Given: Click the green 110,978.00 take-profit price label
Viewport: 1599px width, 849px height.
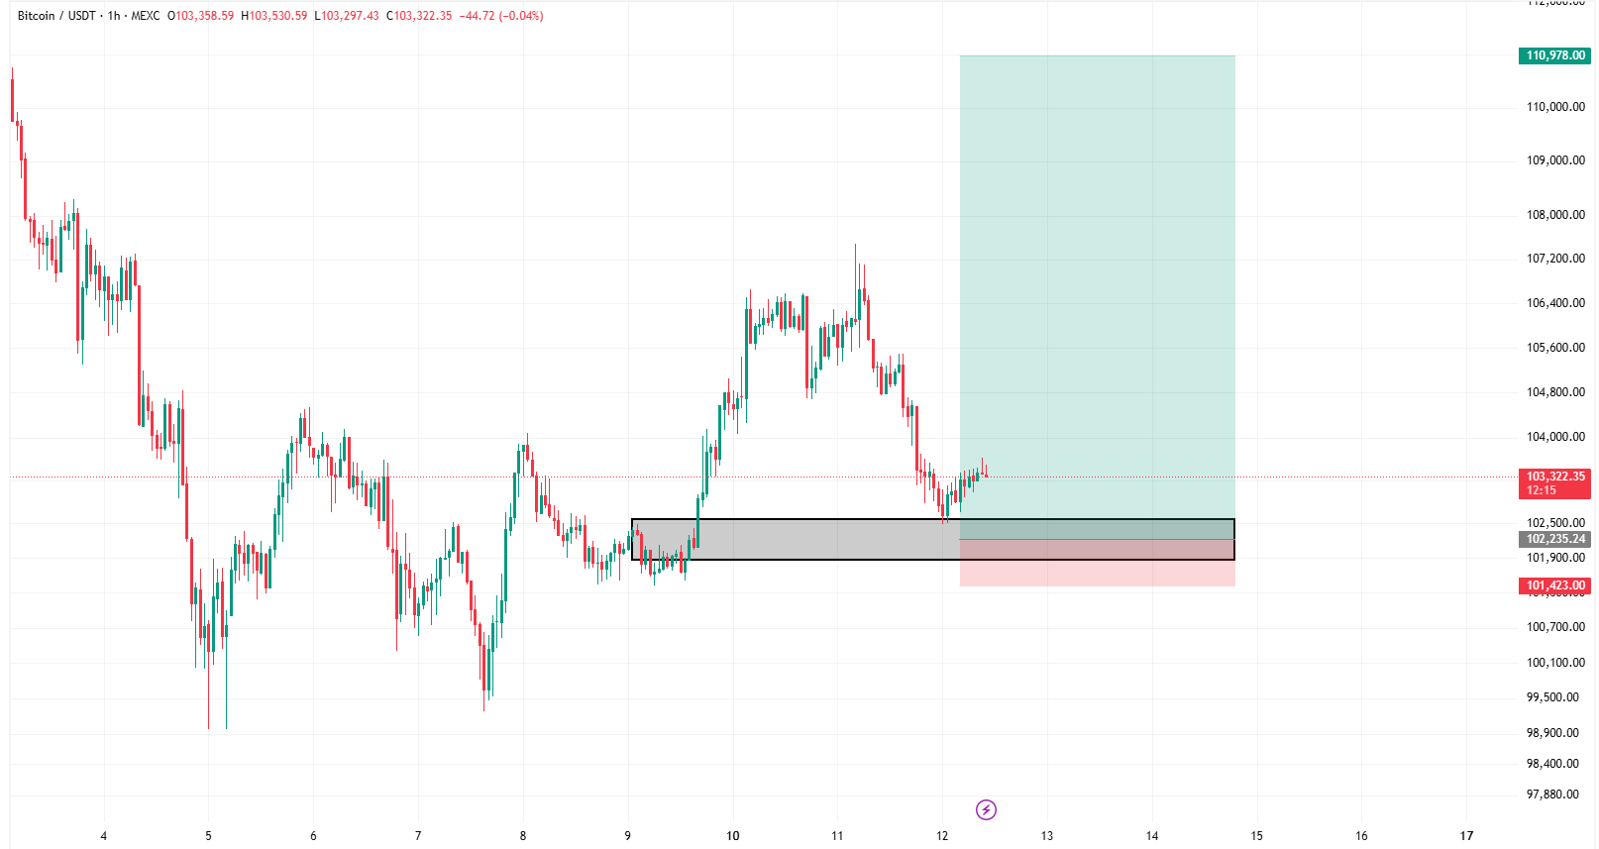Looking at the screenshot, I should coord(1554,55).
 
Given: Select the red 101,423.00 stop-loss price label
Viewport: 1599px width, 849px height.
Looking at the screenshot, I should coord(1554,585).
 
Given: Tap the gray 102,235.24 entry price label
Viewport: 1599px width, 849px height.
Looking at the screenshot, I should coord(1554,539).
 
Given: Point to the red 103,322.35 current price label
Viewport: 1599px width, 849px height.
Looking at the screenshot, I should coord(1554,478).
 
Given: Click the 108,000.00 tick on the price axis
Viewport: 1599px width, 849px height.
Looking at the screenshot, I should coord(1554,215).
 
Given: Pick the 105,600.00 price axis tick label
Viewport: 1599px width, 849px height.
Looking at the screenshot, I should coord(1554,348).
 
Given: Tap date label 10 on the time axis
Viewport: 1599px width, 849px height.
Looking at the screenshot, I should coord(733,836).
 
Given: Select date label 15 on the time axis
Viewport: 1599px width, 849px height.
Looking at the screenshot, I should coord(1256,836).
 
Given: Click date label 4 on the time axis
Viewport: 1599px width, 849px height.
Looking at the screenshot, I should coord(104,836).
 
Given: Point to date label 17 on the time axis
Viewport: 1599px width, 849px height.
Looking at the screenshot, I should coord(1466,836).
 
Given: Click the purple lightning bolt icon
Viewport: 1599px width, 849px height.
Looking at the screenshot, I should coord(986,810).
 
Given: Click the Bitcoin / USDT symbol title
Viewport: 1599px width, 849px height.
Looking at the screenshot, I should coord(56,16).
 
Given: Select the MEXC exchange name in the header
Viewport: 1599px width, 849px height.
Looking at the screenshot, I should coord(146,16).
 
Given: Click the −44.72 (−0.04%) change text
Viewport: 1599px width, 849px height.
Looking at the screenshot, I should coord(501,16).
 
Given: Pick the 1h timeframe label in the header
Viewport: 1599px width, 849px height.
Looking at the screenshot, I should coord(114,16).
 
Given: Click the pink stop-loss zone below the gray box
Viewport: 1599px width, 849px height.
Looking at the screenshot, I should coord(1097,574).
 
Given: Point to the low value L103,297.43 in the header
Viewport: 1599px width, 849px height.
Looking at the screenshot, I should coord(347,16).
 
